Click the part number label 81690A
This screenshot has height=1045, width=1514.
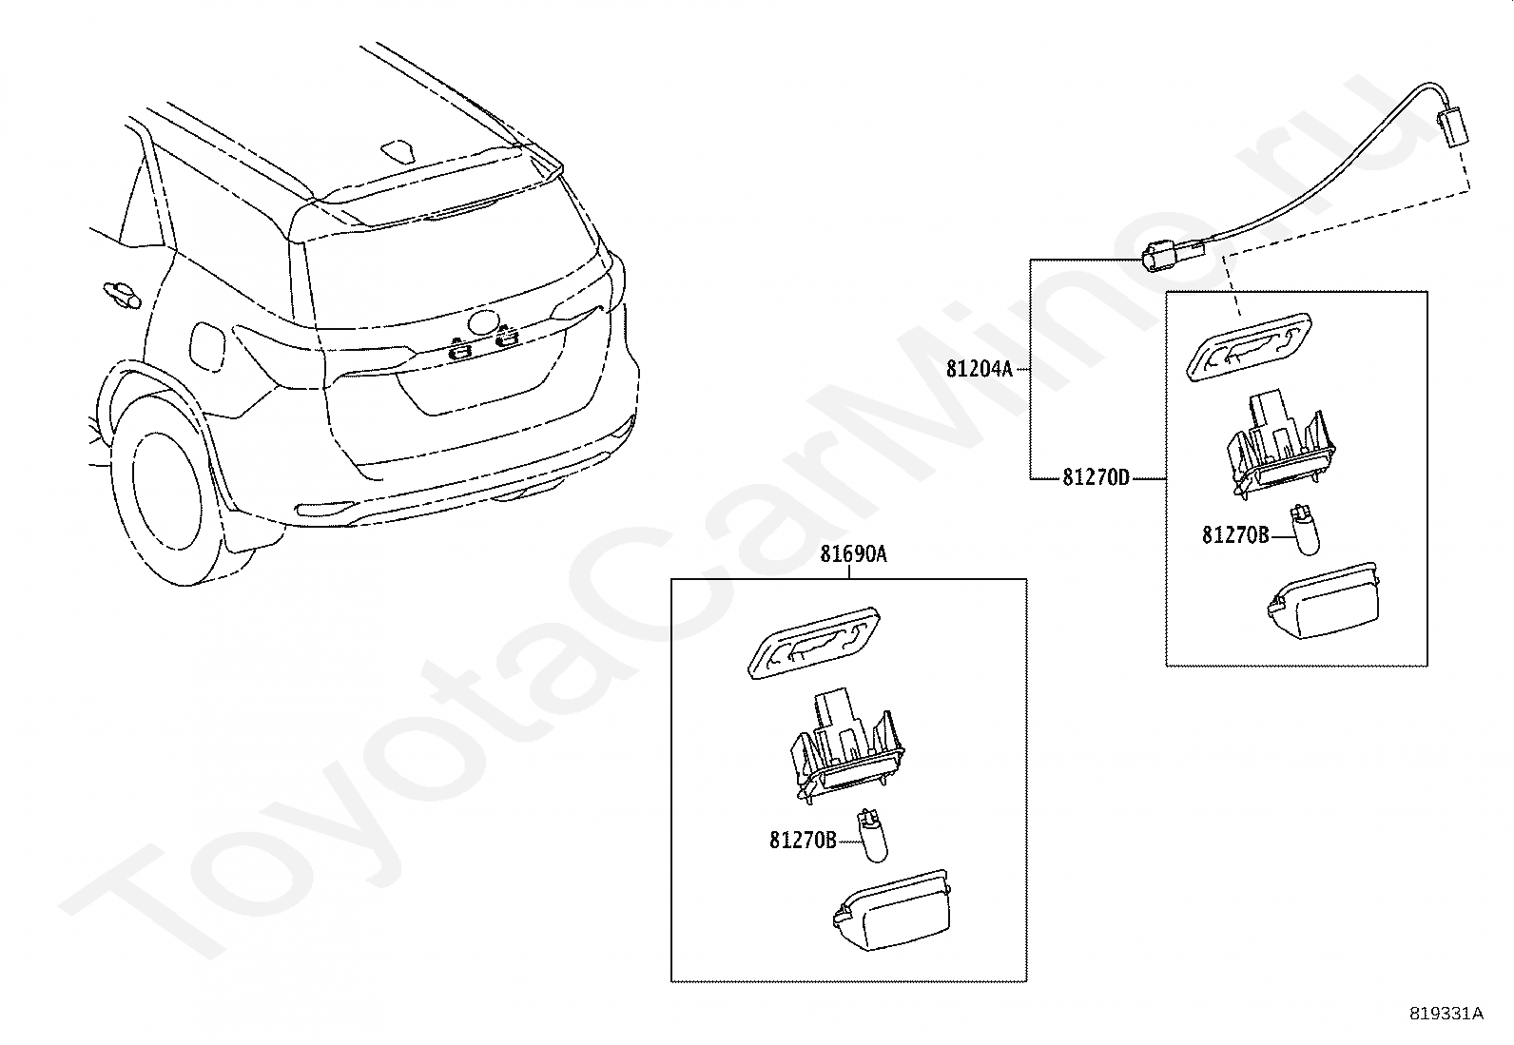click(853, 553)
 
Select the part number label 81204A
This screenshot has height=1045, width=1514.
click(980, 368)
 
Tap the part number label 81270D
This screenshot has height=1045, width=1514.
click(1096, 477)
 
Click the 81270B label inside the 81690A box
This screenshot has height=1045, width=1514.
click(803, 841)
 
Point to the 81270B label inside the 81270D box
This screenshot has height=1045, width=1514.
click(1235, 535)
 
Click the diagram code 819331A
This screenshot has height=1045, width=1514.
click(1446, 1014)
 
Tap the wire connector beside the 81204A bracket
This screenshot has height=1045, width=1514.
click(1168, 256)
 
